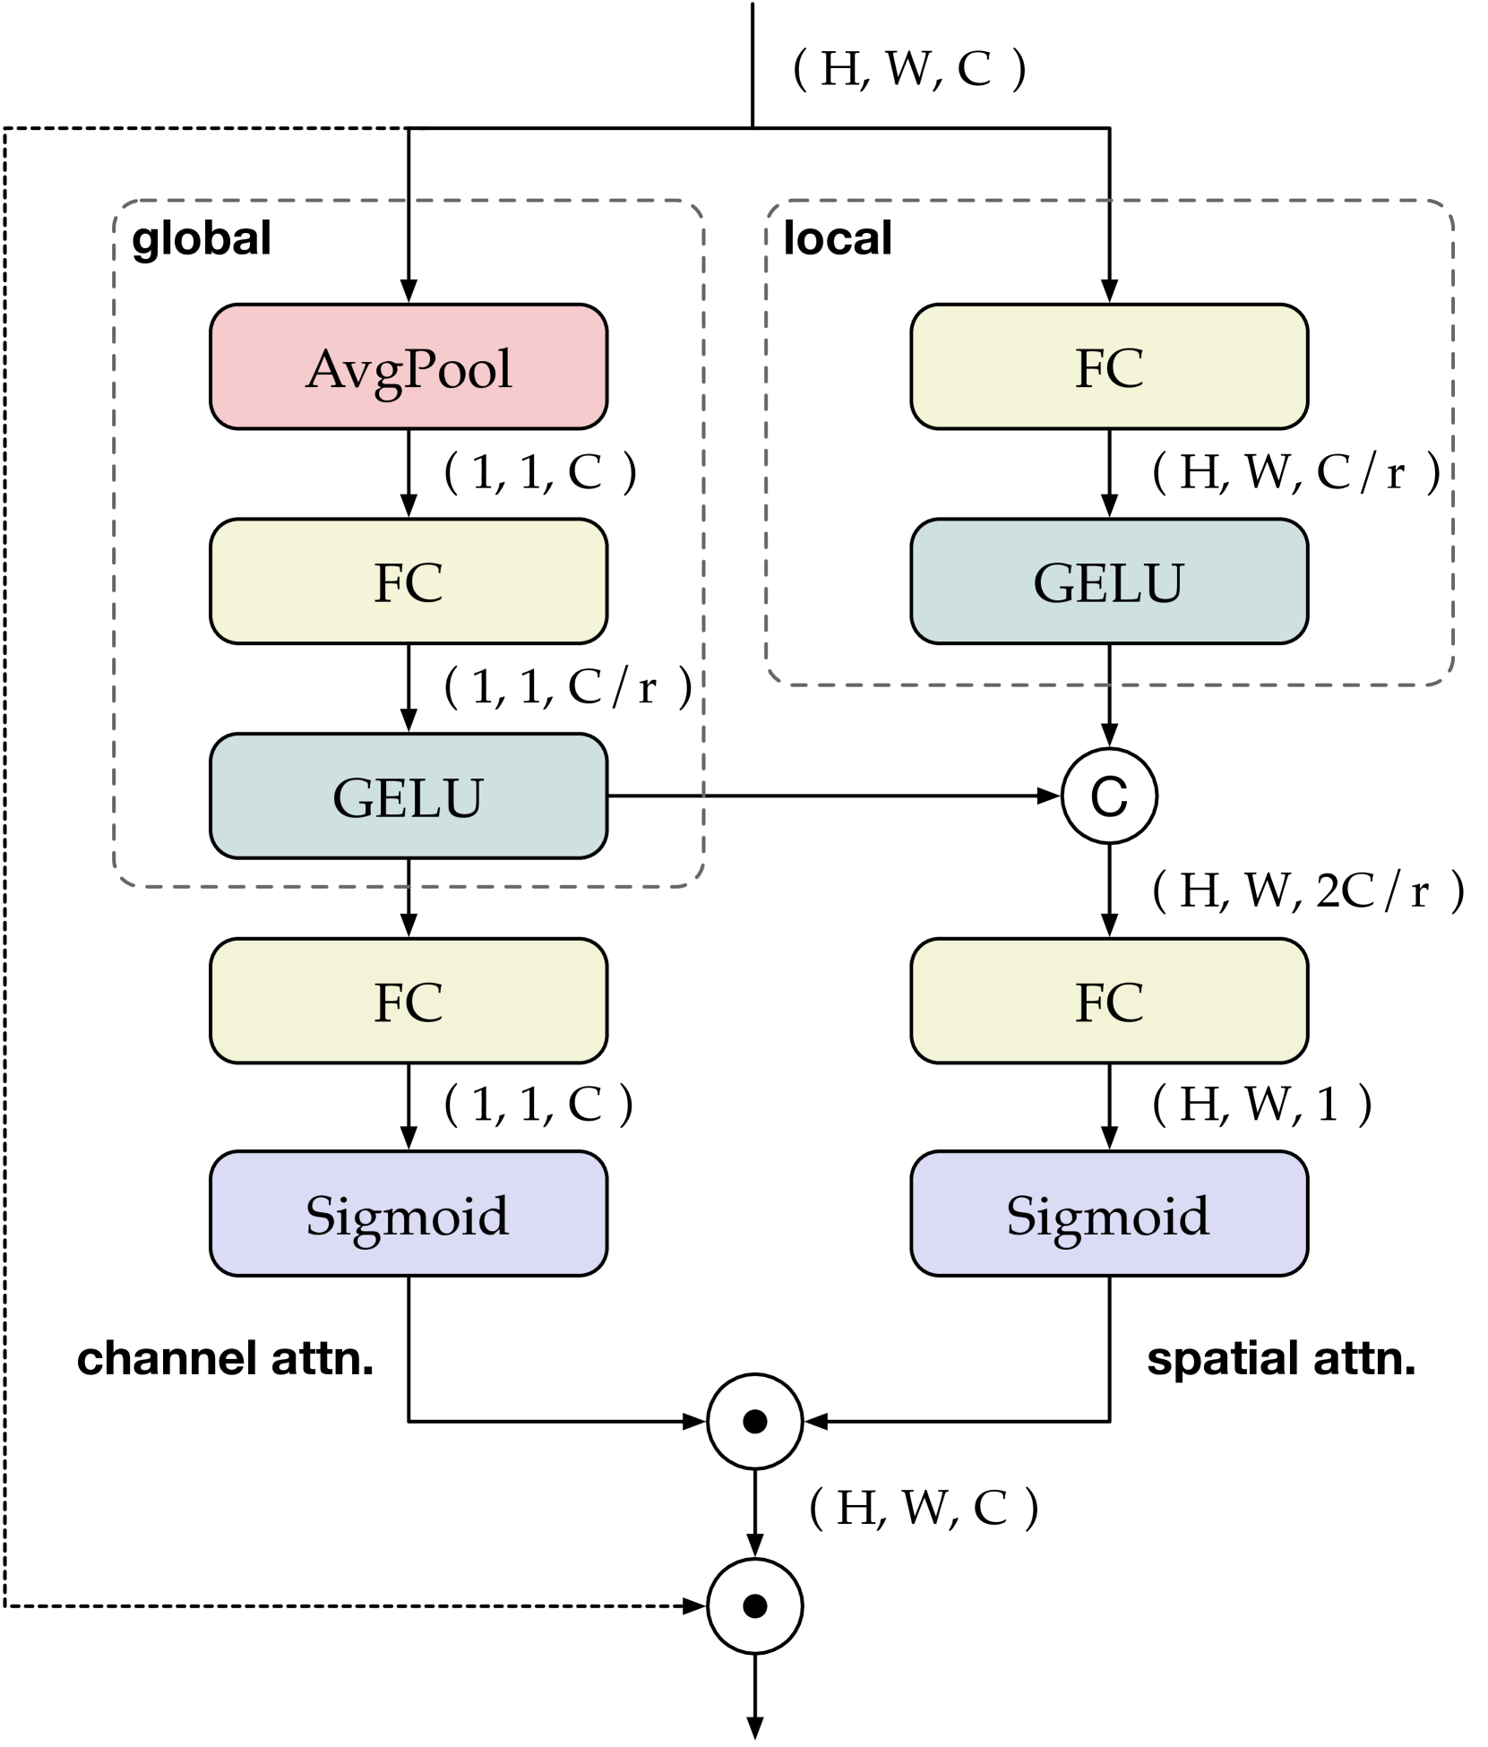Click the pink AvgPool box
pyautogui.click(x=409, y=366)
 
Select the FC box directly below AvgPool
pyautogui.click(x=409, y=581)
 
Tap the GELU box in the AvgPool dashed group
pyautogui.click(x=409, y=796)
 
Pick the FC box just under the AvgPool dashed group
pyautogui.click(x=409, y=1001)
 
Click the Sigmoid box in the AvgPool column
pyautogui.click(x=409, y=1213)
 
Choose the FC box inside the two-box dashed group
pyautogui.click(x=1109, y=366)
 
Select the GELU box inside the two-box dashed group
pyautogui.click(x=1109, y=581)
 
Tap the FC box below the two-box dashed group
pyautogui.click(x=1109, y=1001)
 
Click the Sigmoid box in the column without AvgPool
pyautogui.click(x=1109, y=1213)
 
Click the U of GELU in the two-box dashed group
pyautogui.click(x=1164, y=583)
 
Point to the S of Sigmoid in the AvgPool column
pyautogui.click(x=320, y=1216)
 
